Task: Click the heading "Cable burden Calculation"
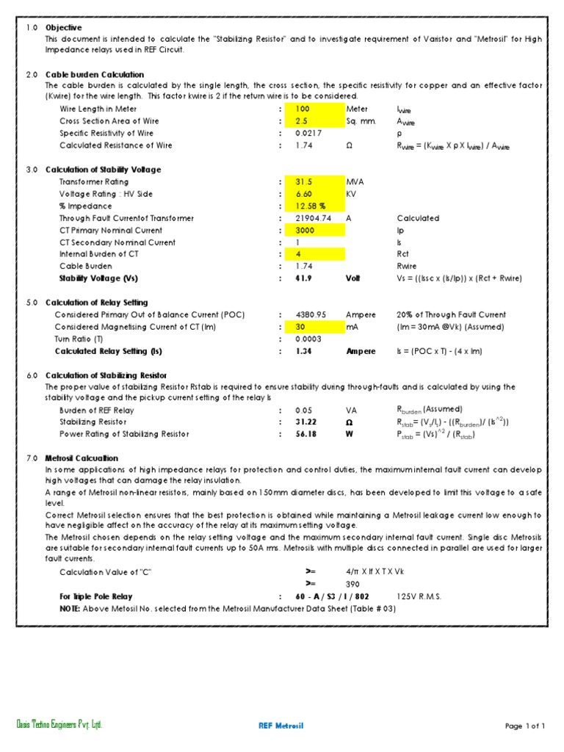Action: click(x=95, y=75)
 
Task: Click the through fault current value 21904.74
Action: click(x=314, y=218)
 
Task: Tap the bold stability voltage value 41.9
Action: click(x=303, y=279)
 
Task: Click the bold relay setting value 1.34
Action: click(x=303, y=352)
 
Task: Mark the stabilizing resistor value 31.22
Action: click(x=305, y=422)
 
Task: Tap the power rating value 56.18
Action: click(x=305, y=435)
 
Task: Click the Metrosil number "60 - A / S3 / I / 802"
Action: click(x=332, y=597)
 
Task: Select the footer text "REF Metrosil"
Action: click(x=281, y=726)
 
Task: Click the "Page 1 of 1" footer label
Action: click(x=525, y=726)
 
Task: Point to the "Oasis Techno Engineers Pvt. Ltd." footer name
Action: click(x=59, y=726)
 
